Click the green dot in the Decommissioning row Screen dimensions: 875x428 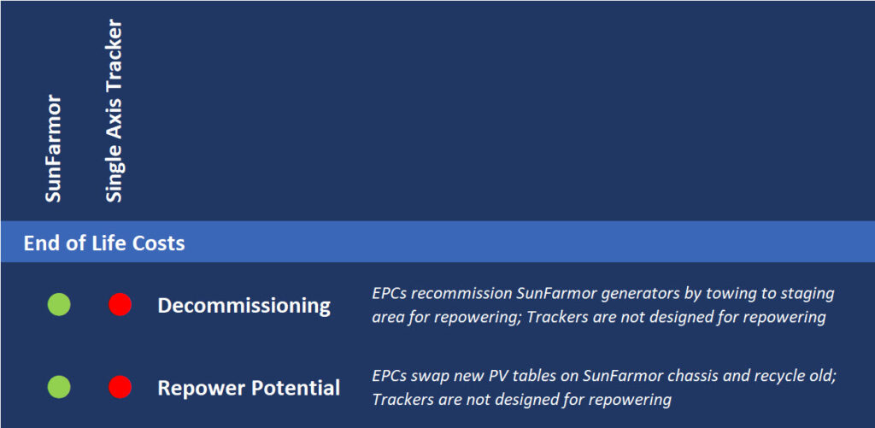(59, 305)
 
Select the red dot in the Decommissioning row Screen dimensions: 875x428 (120, 305)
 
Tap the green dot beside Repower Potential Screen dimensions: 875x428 (59, 387)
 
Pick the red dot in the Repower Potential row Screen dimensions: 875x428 (120, 387)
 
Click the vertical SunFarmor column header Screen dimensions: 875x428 (53, 149)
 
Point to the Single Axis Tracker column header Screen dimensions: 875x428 (114, 111)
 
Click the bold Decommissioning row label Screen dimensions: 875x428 (244, 306)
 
